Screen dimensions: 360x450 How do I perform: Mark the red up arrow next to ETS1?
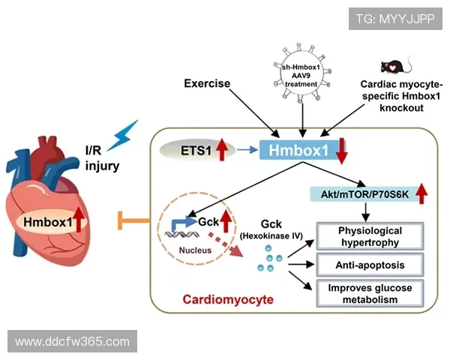click(x=221, y=150)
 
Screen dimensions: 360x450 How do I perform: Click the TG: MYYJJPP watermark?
click(x=394, y=17)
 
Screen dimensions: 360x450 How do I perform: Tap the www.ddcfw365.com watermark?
click(x=72, y=342)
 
